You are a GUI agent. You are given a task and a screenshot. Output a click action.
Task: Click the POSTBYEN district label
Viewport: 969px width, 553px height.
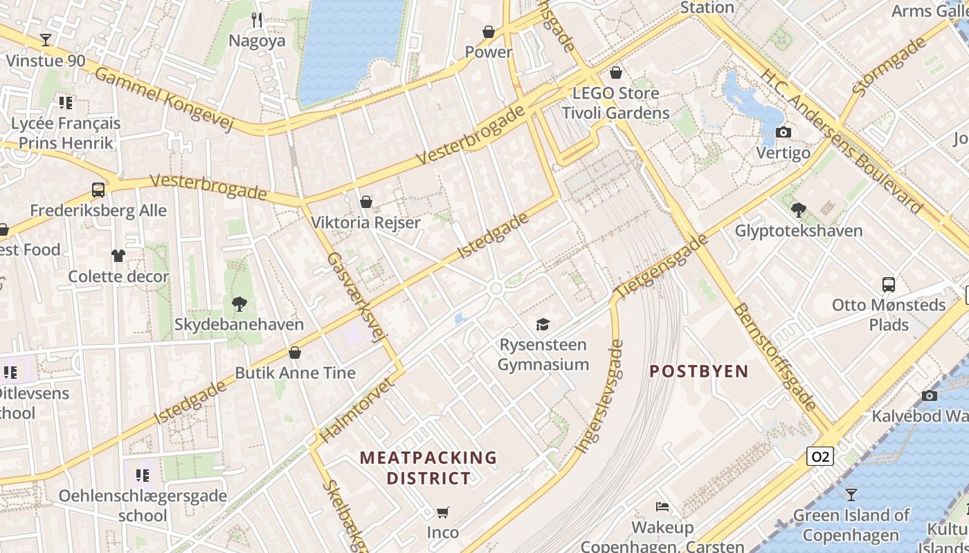tap(699, 371)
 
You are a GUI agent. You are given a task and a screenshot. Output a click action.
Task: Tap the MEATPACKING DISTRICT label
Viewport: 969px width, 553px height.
tap(428, 467)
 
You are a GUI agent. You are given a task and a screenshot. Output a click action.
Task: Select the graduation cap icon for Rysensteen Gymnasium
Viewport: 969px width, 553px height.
tap(543, 324)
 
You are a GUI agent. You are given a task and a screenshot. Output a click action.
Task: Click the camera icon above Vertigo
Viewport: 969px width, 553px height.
tap(783, 132)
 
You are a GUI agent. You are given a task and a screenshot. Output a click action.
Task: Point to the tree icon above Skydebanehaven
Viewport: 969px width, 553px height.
tap(239, 303)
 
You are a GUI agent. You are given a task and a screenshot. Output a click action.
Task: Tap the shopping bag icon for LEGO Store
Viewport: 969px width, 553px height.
tap(616, 72)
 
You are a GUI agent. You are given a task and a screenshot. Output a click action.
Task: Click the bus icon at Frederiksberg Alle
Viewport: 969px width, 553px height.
tap(98, 190)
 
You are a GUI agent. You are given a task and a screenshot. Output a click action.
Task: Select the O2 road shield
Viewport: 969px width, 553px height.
tap(819, 456)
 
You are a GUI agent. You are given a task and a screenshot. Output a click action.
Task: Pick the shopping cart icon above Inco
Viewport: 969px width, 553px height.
tap(442, 512)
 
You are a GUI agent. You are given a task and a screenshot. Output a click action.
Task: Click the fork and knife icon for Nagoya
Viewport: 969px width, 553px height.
tap(257, 20)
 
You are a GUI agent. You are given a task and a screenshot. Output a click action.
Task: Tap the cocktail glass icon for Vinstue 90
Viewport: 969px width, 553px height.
tap(46, 40)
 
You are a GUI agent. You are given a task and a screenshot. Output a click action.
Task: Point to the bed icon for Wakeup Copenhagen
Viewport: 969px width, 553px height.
tap(662, 507)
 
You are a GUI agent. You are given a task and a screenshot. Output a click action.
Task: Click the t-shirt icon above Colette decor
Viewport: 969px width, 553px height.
tap(118, 256)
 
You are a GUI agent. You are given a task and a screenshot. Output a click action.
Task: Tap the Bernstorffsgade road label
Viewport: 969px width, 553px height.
tap(775, 357)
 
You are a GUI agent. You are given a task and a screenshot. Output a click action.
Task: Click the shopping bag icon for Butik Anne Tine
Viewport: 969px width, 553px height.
tap(295, 353)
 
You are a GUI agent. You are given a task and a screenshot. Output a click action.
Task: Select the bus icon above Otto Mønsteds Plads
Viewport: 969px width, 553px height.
tap(888, 284)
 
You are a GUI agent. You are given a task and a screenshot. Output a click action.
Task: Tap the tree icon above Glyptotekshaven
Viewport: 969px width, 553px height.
tap(799, 209)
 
